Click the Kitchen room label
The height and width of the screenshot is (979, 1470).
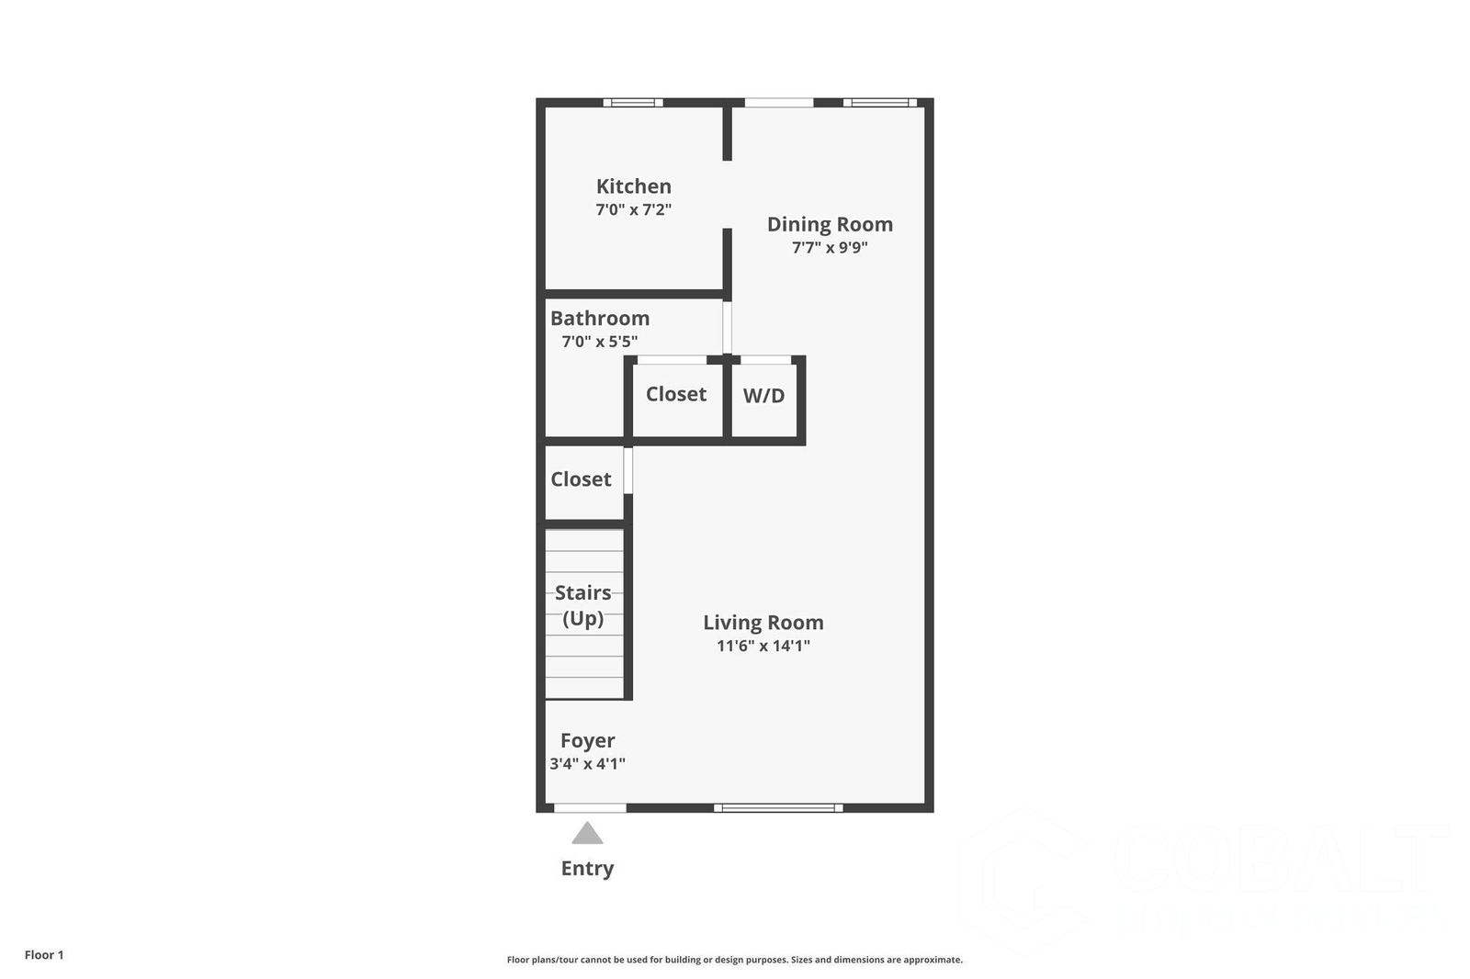tap(633, 186)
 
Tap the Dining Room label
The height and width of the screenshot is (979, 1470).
tap(830, 224)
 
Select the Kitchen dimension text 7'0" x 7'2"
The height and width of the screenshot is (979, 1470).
tap(633, 209)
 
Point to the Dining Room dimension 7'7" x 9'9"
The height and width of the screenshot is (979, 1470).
tap(830, 247)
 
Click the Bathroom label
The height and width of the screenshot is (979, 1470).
tap(600, 319)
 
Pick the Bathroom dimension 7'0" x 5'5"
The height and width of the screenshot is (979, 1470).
tap(600, 342)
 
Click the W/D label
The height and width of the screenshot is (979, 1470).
tap(763, 396)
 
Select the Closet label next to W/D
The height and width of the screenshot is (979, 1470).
tap(676, 394)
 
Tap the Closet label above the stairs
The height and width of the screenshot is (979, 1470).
tap(581, 479)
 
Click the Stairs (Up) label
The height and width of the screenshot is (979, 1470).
tap(583, 605)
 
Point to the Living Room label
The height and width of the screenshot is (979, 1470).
tap(763, 623)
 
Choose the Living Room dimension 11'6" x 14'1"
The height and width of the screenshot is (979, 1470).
tap(763, 646)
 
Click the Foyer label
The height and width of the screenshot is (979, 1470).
tap(588, 740)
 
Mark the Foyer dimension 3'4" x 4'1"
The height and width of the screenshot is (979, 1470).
tap(588, 763)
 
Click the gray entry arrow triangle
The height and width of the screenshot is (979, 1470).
tap(587, 834)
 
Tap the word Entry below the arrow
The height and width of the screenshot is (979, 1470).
tap(587, 868)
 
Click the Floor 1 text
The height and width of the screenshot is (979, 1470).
tap(44, 955)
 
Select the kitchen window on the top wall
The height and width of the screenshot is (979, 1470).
tap(633, 103)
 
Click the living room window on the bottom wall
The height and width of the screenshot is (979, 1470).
tap(778, 808)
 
